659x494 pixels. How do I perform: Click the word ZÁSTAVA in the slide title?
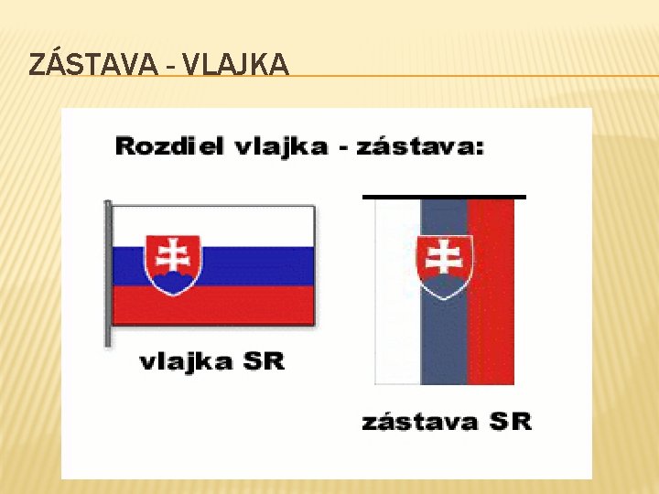coord(88,65)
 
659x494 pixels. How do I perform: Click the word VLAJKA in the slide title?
coord(236,65)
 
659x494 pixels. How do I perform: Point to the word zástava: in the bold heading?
coord(420,145)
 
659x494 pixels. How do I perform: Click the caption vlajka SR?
coord(211,361)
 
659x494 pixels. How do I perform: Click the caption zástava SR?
coord(446,422)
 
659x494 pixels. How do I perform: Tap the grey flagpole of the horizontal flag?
coord(108,274)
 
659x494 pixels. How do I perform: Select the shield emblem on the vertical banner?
coord(445,266)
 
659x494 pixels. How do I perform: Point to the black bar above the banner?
coord(445,196)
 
